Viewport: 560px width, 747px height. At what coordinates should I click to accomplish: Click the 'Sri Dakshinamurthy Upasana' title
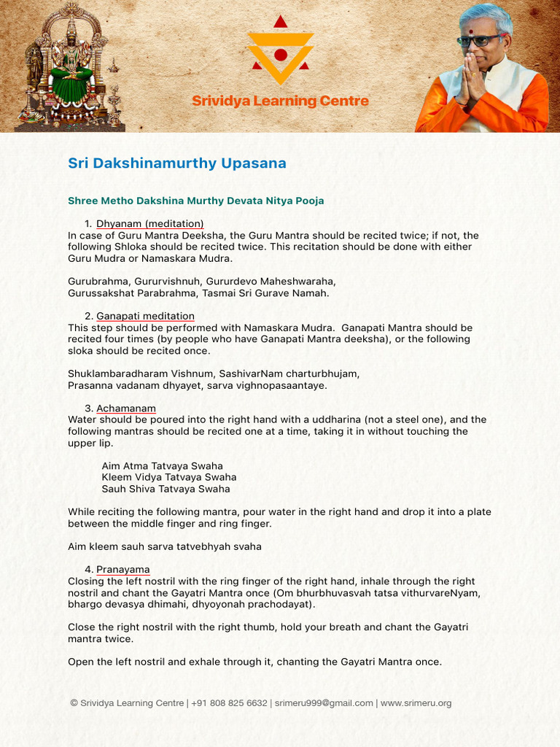[x=177, y=163]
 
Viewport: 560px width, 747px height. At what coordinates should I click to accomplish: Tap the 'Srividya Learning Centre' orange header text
[x=280, y=101]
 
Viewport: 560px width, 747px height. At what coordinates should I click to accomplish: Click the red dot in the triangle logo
[x=281, y=55]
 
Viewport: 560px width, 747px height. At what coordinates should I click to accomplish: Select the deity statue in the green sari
[x=71, y=69]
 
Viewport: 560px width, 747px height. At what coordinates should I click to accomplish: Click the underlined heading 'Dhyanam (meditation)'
[x=149, y=224]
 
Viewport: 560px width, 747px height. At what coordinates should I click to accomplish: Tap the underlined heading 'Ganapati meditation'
[x=145, y=316]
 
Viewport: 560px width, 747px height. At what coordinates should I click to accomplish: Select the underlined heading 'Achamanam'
[x=125, y=409]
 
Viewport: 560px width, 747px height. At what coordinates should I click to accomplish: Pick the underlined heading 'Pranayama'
[x=122, y=570]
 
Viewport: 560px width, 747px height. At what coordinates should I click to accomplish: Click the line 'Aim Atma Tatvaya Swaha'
[x=162, y=466]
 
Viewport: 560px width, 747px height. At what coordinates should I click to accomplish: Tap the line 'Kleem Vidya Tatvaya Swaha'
[x=169, y=477]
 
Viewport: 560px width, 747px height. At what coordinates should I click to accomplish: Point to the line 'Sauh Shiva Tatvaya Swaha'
[x=166, y=489]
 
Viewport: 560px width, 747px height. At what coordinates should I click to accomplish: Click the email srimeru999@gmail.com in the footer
[x=324, y=703]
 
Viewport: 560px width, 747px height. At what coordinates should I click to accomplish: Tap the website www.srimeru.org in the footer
[x=416, y=703]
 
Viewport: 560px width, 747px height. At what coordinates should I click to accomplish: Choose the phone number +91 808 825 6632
[x=229, y=703]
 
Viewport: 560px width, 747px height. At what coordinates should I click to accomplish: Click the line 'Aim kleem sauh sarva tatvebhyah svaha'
[x=165, y=546]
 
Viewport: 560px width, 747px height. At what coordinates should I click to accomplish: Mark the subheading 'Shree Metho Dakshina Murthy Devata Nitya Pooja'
[x=196, y=201]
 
